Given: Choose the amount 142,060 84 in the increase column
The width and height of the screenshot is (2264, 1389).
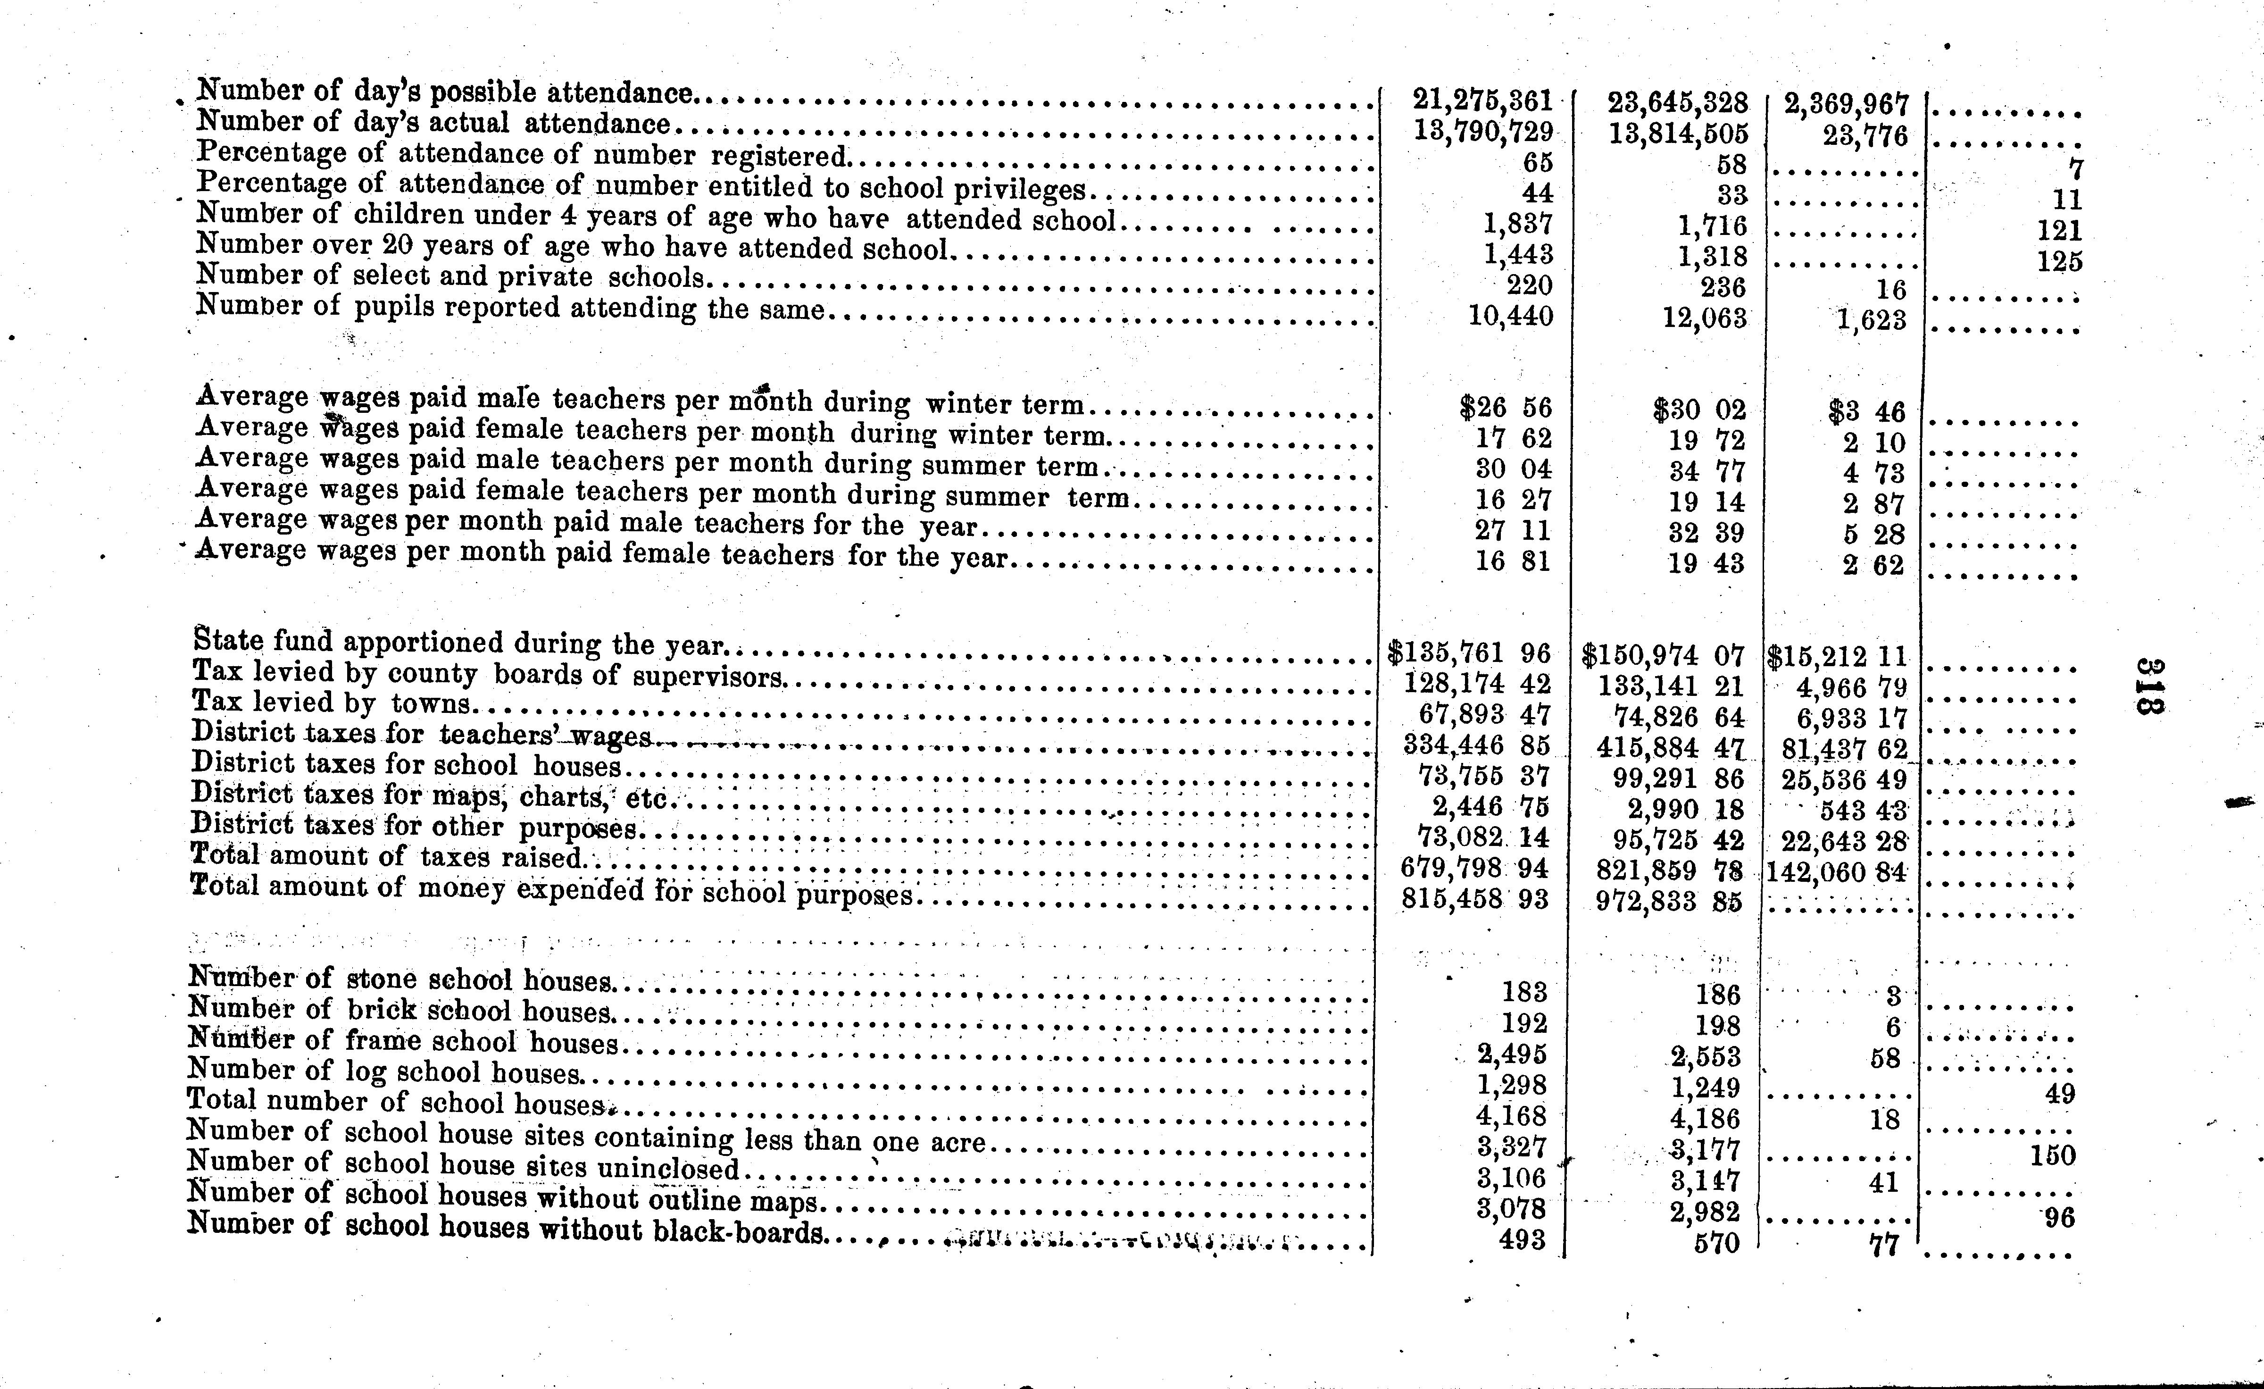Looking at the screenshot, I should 1836,871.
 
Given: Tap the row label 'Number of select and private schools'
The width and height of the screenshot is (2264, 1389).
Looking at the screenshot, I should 450,276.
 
